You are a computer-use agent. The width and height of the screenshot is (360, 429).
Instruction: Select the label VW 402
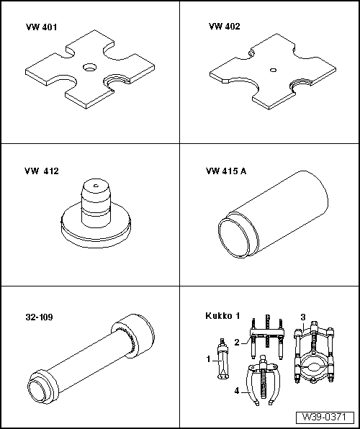tap(224, 27)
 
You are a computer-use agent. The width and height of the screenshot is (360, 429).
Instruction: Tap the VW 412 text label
tap(41, 171)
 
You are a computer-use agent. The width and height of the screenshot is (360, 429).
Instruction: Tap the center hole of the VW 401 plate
tap(89, 67)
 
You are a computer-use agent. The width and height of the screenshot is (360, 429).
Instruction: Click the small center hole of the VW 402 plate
tap(272, 70)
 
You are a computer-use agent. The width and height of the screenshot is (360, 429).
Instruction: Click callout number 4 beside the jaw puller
tap(238, 392)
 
